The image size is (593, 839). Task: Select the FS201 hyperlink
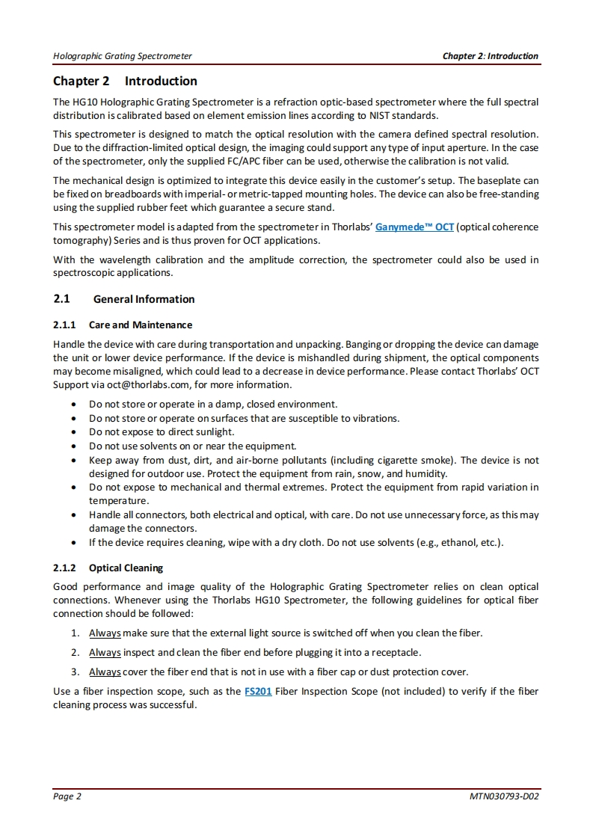click(x=258, y=692)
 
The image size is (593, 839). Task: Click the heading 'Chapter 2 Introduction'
click(x=125, y=81)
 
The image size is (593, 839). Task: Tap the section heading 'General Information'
click(x=144, y=299)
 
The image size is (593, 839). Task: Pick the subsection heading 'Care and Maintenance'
click(x=140, y=325)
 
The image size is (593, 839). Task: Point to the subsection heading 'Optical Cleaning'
click(x=126, y=568)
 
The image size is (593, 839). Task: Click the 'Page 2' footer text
click(x=67, y=796)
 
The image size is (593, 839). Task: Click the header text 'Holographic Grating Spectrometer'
click(x=123, y=56)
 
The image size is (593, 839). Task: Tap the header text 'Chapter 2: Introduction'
click(x=490, y=56)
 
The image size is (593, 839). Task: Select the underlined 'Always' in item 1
click(x=105, y=633)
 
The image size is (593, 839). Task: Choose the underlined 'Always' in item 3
click(x=105, y=671)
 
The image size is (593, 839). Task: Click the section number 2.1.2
click(x=66, y=568)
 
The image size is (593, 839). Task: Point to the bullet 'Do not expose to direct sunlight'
click(x=162, y=432)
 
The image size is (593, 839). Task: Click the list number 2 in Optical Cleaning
click(x=76, y=653)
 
